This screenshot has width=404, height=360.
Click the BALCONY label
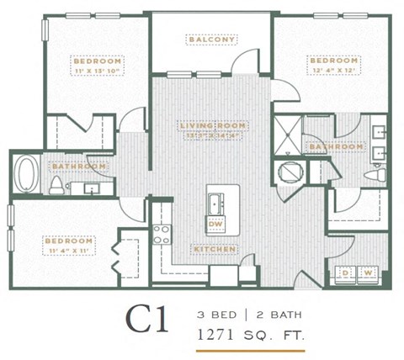point(212,39)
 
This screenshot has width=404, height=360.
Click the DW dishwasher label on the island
point(215,224)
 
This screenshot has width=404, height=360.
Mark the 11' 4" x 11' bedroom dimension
point(69,251)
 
